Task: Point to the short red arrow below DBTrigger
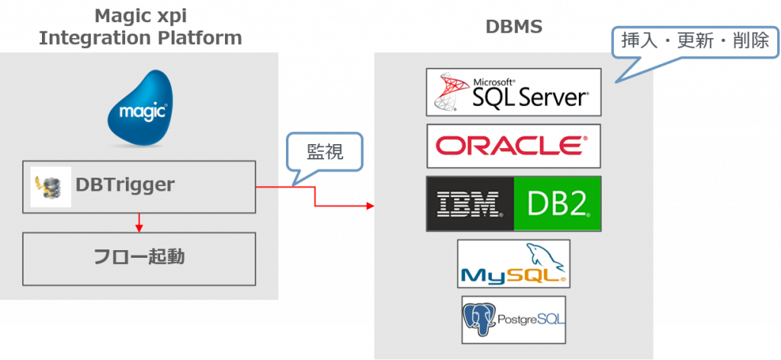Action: click(x=139, y=222)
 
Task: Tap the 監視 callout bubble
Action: click(x=325, y=152)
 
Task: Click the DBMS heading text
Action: click(x=514, y=28)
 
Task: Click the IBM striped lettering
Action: click(x=469, y=203)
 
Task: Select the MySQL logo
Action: click(x=513, y=264)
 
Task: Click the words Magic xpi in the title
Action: click(x=140, y=14)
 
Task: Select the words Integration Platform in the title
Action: click(x=140, y=37)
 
